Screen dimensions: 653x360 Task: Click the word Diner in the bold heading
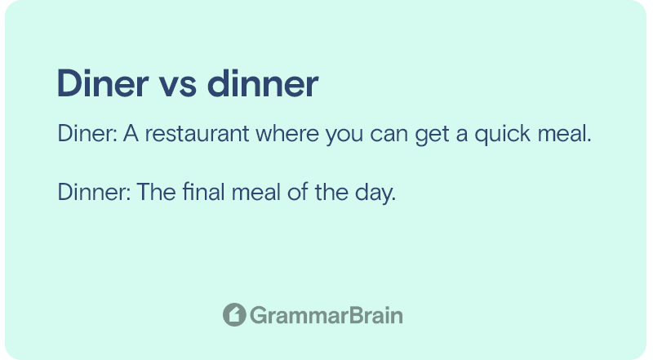pyautogui.click(x=103, y=83)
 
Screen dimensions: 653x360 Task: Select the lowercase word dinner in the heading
pyautogui.click(x=263, y=83)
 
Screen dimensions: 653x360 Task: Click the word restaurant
pyautogui.click(x=197, y=133)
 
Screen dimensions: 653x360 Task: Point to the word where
pyautogui.click(x=287, y=133)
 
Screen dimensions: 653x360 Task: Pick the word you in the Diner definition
pyautogui.click(x=344, y=136)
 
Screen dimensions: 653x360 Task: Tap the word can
pyautogui.click(x=389, y=136)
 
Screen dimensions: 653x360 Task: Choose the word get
pyautogui.click(x=432, y=136)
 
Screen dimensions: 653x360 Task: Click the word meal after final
pyautogui.click(x=255, y=192)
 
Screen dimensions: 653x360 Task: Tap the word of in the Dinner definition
pyautogui.click(x=298, y=192)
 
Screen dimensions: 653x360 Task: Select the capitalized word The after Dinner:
pyautogui.click(x=156, y=192)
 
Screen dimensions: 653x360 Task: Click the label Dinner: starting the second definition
pyautogui.click(x=94, y=192)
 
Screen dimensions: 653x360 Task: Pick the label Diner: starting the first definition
pyautogui.click(x=87, y=133)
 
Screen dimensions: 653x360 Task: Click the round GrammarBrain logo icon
pyautogui.click(x=234, y=314)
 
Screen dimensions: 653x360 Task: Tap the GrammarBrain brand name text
pyautogui.click(x=326, y=315)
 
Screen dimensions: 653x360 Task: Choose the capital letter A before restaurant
pyautogui.click(x=131, y=133)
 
